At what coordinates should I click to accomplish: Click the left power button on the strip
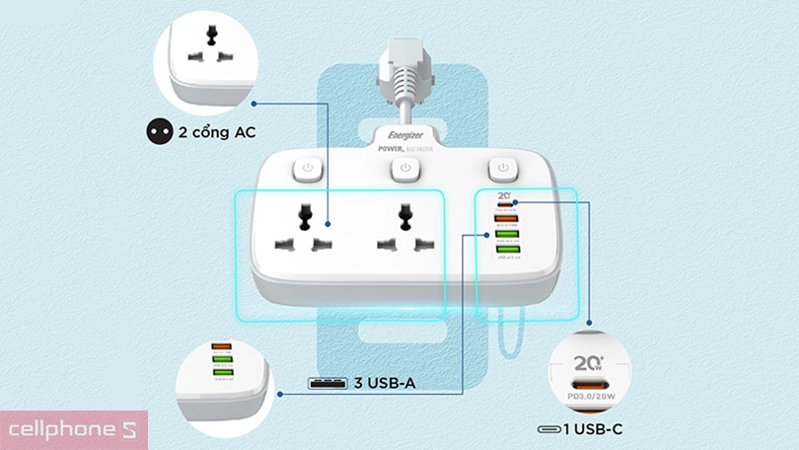click(308, 168)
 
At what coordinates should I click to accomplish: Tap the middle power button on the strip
click(404, 169)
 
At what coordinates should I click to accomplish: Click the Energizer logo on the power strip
click(404, 135)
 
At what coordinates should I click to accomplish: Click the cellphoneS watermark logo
click(73, 430)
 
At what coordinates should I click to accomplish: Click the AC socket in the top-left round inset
click(209, 44)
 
